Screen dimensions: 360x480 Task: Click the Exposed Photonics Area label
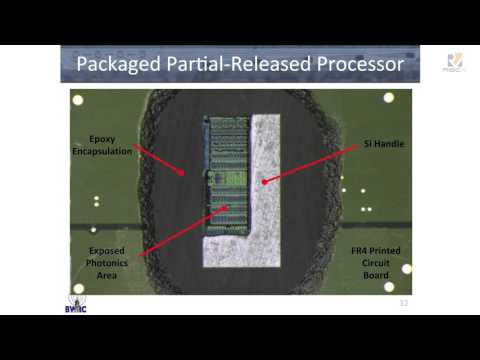(106, 262)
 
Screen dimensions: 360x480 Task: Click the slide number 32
(404, 302)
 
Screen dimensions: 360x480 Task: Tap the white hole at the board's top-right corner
(389, 97)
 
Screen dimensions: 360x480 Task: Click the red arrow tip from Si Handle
(262, 182)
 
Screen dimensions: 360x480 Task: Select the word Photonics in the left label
(106, 262)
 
